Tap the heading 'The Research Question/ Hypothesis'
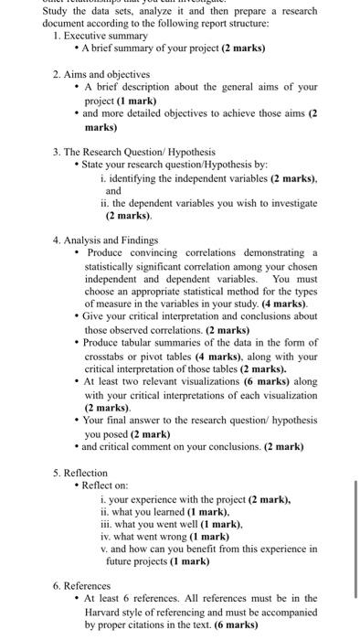138,150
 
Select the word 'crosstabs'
108,356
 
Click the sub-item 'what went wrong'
154,536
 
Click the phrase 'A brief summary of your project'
152,47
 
